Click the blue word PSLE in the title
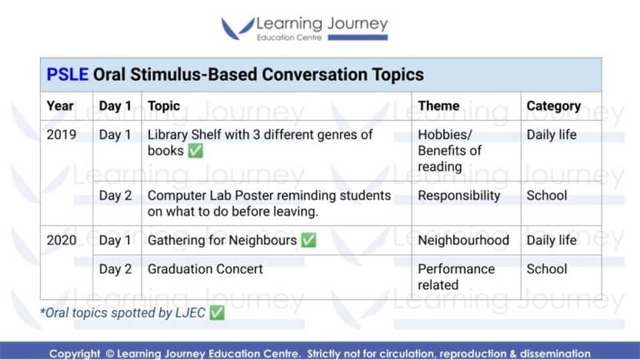pyautogui.click(x=67, y=75)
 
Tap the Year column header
pyautogui.click(x=60, y=106)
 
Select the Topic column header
pyautogui.click(x=164, y=106)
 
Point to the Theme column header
pyautogui.click(x=439, y=106)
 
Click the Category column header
pyautogui.click(x=553, y=106)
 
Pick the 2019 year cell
pyautogui.click(x=61, y=135)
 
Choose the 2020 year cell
pyautogui.click(x=61, y=240)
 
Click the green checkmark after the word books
pyautogui.click(x=195, y=151)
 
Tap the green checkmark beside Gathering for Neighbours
pyautogui.click(x=309, y=240)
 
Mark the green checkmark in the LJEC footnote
pyautogui.click(x=217, y=313)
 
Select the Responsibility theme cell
pyautogui.click(x=459, y=195)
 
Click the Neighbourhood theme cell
pyautogui.click(x=463, y=240)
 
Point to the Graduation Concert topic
pyautogui.click(x=205, y=269)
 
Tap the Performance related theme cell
pyautogui.click(x=456, y=277)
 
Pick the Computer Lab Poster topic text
pyautogui.click(x=269, y=203)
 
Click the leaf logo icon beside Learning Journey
pyautogui.click(x=237, y=28)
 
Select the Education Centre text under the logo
pyautogui.click(x=289, y=37)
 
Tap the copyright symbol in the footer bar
pyautogui.click(x=109, y=353)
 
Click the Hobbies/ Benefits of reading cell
pyautogui.click(x=450, y=151)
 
